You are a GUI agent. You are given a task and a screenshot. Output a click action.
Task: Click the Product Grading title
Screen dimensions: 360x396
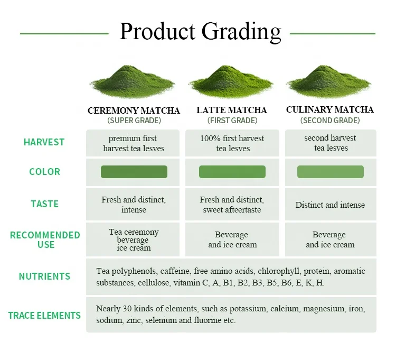click(200, 32)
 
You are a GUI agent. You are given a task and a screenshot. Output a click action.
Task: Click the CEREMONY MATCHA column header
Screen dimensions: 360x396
click(134, 110)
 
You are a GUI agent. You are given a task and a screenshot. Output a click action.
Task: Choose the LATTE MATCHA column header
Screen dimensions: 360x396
click(232, 110)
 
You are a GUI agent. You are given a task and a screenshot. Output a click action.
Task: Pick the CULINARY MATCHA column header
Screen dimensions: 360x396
click(330, 110)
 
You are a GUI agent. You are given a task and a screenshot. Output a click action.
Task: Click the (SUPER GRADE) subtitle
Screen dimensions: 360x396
click(134, 121)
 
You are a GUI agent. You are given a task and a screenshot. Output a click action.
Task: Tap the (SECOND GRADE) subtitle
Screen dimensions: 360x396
click(330, 121)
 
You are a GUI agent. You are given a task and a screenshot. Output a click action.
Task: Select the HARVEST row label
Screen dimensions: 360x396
click(44, 142)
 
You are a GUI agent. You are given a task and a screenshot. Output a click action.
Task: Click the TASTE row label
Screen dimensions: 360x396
click(44, 204)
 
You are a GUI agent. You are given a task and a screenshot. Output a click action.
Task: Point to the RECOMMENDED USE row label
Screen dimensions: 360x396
click(45, 239)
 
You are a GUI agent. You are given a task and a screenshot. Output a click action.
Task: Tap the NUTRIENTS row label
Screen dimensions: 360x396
click(44, 276)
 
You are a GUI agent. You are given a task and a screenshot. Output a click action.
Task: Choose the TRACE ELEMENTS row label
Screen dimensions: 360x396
click(44, 316)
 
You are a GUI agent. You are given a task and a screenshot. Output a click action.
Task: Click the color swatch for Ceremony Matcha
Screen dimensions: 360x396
click(134, 172)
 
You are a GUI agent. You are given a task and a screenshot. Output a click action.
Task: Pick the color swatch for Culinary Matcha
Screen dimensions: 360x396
click(331, 172)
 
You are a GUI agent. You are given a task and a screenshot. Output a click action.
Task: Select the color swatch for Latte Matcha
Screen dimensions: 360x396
click(232, 172)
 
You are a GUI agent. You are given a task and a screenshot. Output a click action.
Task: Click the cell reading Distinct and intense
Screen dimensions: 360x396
click(330, 205)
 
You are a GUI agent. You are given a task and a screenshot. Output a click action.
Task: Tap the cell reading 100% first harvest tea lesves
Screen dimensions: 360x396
click(232, 143)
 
